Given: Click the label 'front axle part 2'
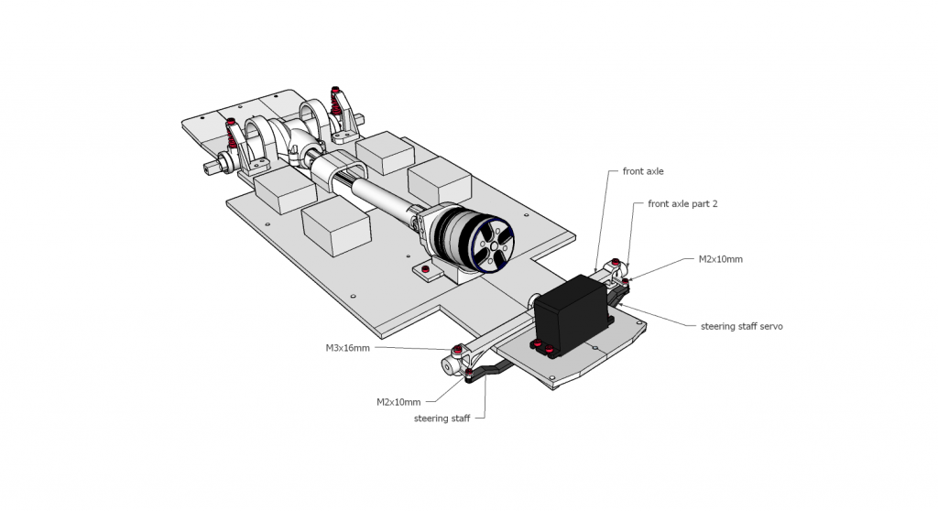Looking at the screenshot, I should (x=682, y=204).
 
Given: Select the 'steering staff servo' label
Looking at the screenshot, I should (x=741, y=326).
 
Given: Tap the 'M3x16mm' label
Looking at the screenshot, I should (x=348, y=348).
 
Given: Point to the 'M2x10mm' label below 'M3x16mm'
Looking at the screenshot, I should (x=398, y=401).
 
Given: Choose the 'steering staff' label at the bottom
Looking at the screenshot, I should (x=442, y=419).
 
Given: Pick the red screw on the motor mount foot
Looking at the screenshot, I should (x=427, y=269).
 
